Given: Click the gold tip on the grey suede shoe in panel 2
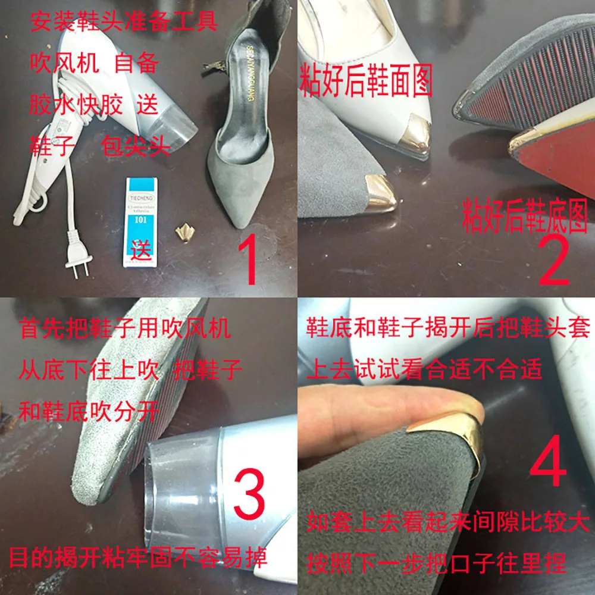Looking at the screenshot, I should [x=381, y=193].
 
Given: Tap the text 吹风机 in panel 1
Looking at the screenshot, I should [x=64, y=64].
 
